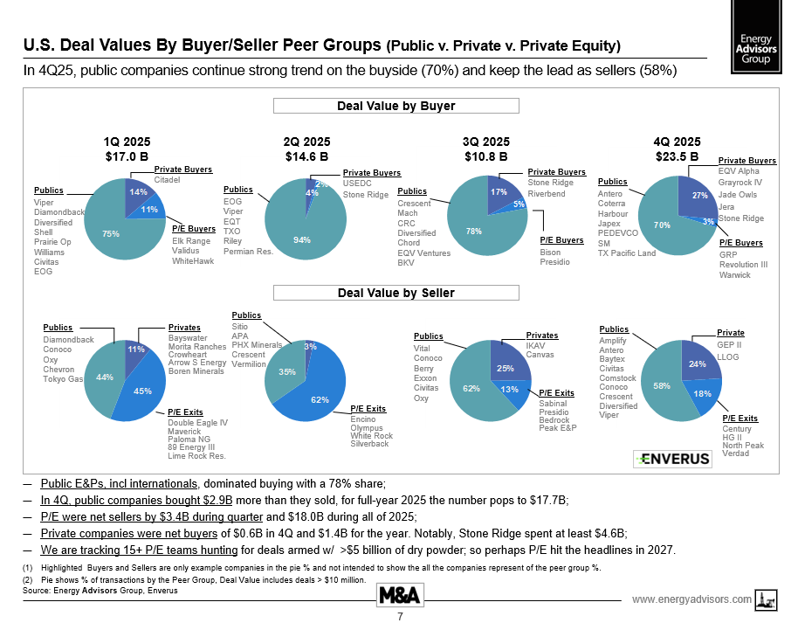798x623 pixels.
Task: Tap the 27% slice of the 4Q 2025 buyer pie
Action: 698,197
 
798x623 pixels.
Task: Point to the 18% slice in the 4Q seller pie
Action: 703,395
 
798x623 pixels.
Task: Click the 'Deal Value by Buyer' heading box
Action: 396,107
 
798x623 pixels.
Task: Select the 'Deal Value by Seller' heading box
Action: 396,293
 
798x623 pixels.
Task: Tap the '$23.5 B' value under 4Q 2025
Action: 676,157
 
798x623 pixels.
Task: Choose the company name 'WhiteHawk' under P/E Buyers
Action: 193,261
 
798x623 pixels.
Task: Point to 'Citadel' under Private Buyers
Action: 168,180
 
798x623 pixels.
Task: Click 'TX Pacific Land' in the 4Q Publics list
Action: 626,253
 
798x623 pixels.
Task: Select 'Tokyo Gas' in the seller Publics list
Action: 64,379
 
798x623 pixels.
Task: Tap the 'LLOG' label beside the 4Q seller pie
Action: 728,357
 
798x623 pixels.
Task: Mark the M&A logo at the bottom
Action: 400,596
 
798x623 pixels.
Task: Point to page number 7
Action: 399,616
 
